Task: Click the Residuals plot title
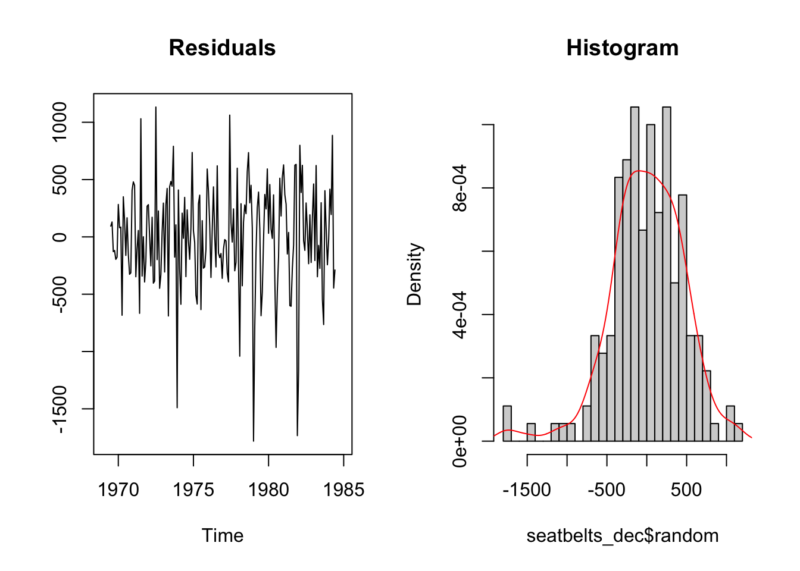click(222, 48)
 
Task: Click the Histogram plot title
click(622, 48)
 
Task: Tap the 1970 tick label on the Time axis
click(118, 490)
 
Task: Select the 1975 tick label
click(193, 490)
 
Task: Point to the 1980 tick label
click(268, 490)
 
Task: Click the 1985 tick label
click(343, 490)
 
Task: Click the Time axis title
click(222, 535)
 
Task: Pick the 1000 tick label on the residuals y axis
click(60, 122)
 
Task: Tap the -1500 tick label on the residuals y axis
click(60, 409)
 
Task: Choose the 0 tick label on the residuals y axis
click(60, 237)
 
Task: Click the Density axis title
click(414, 274)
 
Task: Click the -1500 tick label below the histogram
click(527, 490)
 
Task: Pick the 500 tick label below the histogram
click(686, 490)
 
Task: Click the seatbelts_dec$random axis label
click(622, 535)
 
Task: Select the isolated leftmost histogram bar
click(507, 423)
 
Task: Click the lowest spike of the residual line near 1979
click(254, 440)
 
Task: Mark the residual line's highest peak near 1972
click(156, 108)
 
